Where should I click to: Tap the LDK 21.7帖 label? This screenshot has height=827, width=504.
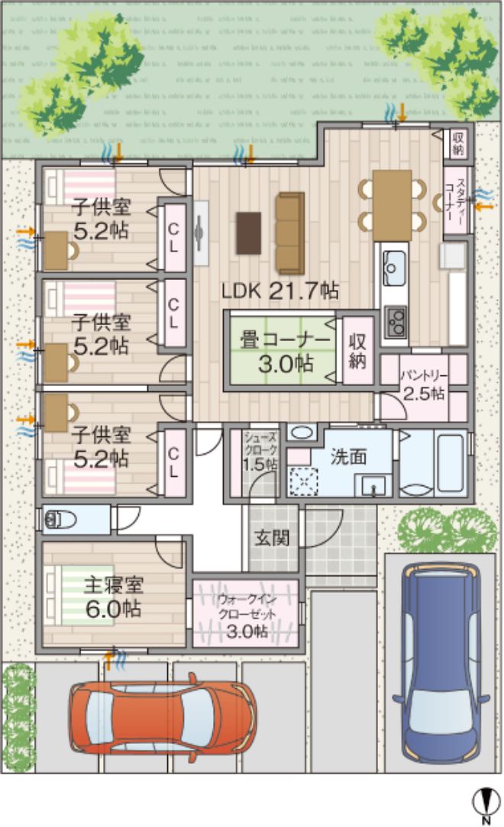click(x=280, y=291)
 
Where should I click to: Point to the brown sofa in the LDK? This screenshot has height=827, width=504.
click(x=290, y=233)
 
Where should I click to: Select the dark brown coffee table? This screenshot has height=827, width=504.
click(x=249, y=233)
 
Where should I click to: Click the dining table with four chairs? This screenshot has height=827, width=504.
click(x=393, y=197)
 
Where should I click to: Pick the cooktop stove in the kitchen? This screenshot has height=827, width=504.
click(x=396, y=320)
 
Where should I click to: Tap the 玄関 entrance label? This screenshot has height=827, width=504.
click(x=271, y=538)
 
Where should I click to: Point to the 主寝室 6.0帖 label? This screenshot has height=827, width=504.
click(x=113, y=597)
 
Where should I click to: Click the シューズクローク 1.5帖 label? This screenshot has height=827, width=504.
click(x=260, y=450)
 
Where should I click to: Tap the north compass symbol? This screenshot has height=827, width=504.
click(x=483, y=804)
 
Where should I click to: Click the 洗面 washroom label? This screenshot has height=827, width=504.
click(x=348, y=456)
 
